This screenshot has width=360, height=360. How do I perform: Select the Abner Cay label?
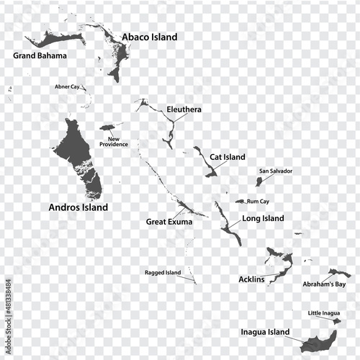point(67,86)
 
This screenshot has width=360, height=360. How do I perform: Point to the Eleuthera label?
point(184,109)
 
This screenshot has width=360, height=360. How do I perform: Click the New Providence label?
point(114,141)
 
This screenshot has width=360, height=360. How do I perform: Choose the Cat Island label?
point(228,157)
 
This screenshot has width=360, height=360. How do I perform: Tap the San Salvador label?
point(276,171)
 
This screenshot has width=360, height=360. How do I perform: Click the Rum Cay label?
point(258,202)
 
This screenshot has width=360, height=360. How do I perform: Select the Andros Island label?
point(78,207)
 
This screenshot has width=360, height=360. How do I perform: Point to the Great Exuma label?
point(169,222)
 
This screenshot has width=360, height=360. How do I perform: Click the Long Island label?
point(263,218)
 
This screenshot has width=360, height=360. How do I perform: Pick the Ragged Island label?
point(162,273)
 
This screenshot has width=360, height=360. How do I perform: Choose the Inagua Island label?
point(265,333)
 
